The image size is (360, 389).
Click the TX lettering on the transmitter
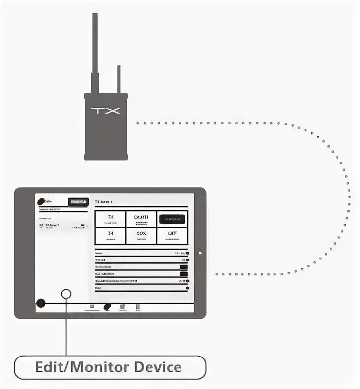coord(105,110)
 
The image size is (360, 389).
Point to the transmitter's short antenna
coord(118,79)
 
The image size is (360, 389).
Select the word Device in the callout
coord(158,367)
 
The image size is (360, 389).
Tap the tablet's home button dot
coord(200,253)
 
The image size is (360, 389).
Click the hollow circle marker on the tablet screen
coord(66,294)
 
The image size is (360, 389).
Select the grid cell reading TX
coord(110,219)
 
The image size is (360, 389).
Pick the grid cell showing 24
coord(110,235)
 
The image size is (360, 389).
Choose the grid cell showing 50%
coord(141,235)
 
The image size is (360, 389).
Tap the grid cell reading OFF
coord(172,235)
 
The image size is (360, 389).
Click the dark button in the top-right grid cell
coord(172,219)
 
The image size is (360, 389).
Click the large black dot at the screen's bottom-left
coord(41,303)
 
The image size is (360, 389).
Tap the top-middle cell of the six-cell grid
coord(141,219)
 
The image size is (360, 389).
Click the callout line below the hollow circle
coord(66,330)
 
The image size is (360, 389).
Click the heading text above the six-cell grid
coord(104,202)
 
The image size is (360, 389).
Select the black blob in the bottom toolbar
coord(107,307)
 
